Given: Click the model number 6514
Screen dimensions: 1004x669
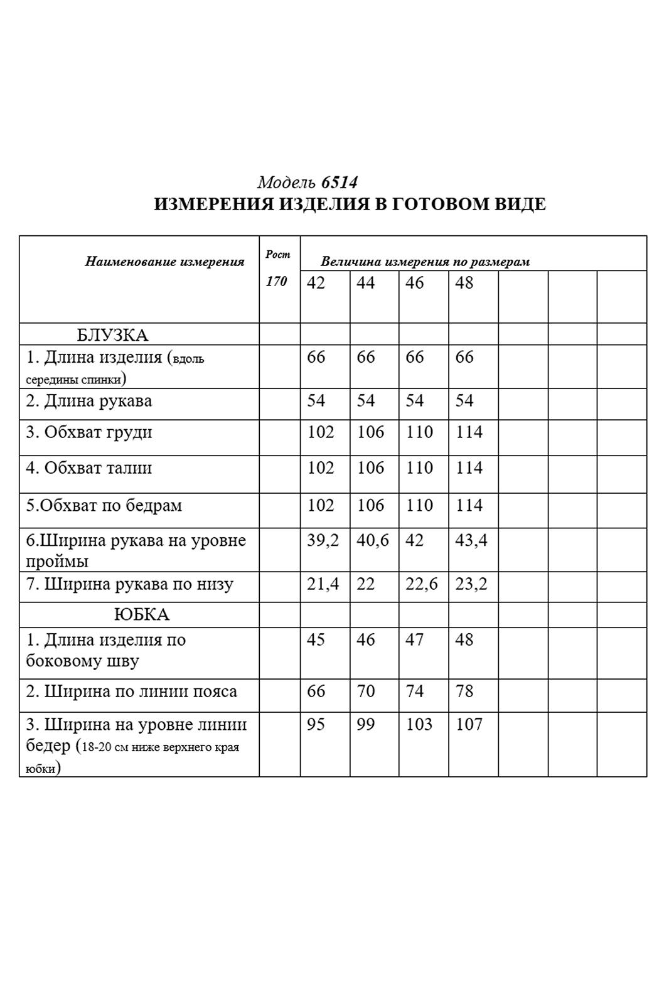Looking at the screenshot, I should (339, 183).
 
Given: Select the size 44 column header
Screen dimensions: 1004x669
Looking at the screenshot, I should (365, 283).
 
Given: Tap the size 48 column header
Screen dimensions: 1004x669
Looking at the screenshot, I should (464, 283).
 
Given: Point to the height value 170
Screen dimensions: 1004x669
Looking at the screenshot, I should (276, 281).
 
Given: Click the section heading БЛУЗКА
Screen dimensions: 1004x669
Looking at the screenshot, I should (112, 335).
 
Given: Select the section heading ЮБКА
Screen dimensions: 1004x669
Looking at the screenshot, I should (142, 614).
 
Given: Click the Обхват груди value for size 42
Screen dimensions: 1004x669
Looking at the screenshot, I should (321, 432).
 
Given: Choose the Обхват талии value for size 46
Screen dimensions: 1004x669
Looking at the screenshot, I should (419, 468).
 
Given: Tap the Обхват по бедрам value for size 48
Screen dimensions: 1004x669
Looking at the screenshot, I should (469, 506).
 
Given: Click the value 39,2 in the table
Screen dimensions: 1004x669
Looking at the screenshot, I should (323, 540).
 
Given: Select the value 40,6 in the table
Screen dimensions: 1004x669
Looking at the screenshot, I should (373, 540).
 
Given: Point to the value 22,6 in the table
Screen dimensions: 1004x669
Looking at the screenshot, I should (422, 584).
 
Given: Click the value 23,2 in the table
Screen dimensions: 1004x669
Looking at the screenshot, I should (471, 584).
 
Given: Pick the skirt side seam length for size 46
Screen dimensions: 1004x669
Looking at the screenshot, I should (415, 640).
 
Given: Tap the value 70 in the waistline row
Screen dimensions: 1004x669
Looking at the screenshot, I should (365, 692).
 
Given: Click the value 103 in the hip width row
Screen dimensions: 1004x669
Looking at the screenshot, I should (419, 725).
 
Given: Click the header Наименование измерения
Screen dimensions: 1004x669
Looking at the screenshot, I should (164, 262).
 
